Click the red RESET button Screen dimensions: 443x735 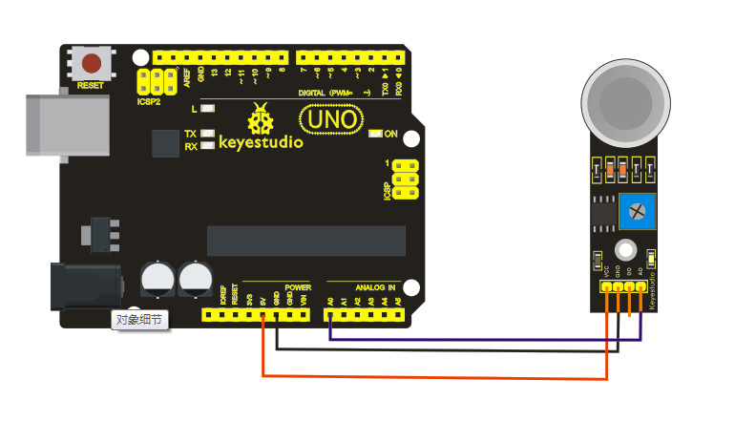(x=92, y=64)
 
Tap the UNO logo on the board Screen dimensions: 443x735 (x=331, y=119)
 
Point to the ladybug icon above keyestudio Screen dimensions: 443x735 (x=260, y=119)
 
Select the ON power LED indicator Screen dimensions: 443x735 (x=375, y=134)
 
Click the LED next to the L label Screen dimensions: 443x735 (x=207, y=109)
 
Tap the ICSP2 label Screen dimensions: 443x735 (x=148, y=101)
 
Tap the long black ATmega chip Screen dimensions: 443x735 (x=305, y=241)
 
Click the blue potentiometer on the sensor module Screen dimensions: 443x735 (x=634, y=209)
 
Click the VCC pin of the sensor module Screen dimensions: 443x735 (x=605, y=286)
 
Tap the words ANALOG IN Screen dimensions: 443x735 (x=374, y=286)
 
